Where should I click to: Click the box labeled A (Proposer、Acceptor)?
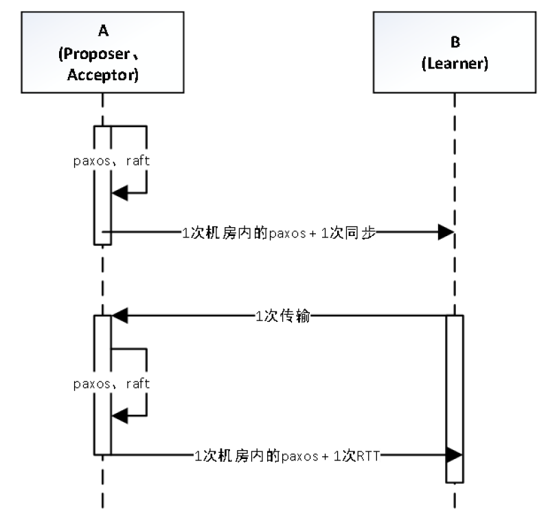(x=102, y=51)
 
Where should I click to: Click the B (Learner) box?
(x=454, y=51)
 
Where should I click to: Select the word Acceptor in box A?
(x=103, y=75)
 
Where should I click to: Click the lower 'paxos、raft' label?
(x=111, y=384)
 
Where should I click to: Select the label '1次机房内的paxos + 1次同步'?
(x=274, y=232)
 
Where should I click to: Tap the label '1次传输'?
(x=282, y=316)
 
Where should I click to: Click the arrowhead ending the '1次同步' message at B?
(x=446, y=232)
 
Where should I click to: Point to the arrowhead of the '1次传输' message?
(x=120, y=316)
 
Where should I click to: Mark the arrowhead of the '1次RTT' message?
(x=454, y=454)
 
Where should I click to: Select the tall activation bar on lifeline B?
(x=454, y=398)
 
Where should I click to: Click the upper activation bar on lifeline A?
(x=102, y=185)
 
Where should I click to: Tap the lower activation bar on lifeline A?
(x=102, y=384)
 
